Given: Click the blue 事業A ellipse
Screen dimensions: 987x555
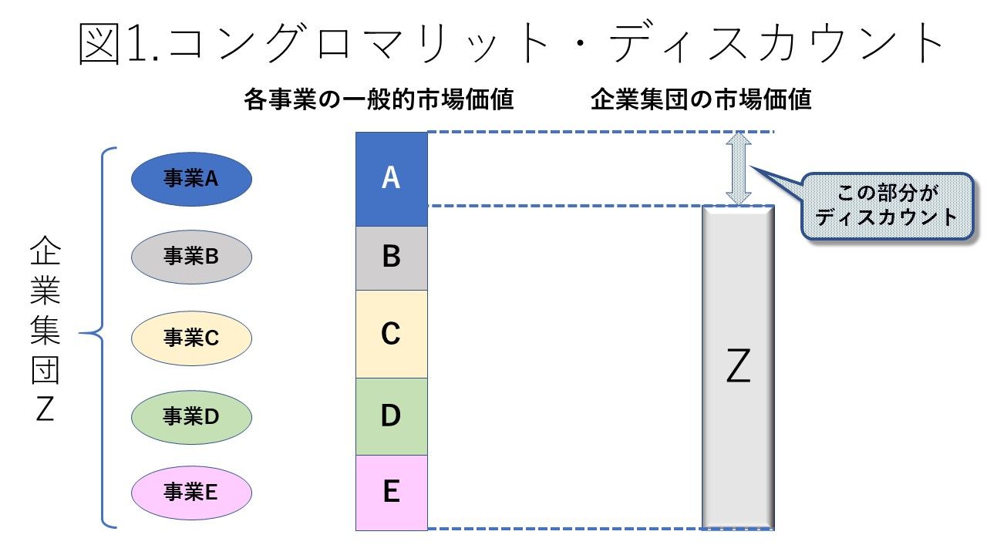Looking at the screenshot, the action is [x=192, y=179].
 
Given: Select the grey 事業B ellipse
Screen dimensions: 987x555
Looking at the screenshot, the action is [x=192, y=257].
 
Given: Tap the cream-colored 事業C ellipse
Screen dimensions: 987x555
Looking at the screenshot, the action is [x=192, y=338].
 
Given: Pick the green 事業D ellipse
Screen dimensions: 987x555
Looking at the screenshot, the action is [x=192, y=417].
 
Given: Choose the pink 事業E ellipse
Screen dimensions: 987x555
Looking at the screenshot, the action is [x=192, y=493].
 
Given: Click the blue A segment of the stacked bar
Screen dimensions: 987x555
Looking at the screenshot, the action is [x=392, y=180].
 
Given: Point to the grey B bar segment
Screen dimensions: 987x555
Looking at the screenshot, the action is [x=392, y=258].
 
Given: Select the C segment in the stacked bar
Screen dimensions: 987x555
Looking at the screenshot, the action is [x=392, y=334].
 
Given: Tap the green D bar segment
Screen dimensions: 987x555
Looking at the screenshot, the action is [x=392, y=416].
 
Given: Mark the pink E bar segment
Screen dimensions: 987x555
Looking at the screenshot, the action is [x=392, y=493].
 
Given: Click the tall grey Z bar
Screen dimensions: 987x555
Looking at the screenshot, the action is [x=738, y=367].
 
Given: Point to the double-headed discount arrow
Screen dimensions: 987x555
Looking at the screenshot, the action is [x=739, y=168].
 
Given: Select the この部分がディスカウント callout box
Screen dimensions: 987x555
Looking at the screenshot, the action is [x=887, y=206].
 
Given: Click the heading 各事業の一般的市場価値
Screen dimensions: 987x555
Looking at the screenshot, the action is [x=379, y=99].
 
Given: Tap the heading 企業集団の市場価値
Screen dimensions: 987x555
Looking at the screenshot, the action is [x=701, y=99].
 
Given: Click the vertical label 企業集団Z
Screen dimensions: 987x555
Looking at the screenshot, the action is [x=45, y=328].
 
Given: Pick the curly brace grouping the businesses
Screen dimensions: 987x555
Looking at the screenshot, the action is [x=98, y=338].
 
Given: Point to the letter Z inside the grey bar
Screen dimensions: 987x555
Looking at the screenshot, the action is [x=738, y=365].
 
